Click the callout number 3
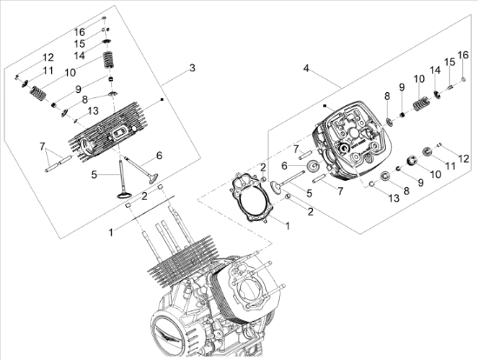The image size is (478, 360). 192,67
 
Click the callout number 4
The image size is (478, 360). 306,67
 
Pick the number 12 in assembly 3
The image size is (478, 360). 48,57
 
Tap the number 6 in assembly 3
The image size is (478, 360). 159,156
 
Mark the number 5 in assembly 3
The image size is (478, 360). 95,175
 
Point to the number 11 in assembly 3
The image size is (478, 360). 48,70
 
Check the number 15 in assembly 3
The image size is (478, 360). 79,43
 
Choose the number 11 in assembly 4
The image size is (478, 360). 450,165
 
